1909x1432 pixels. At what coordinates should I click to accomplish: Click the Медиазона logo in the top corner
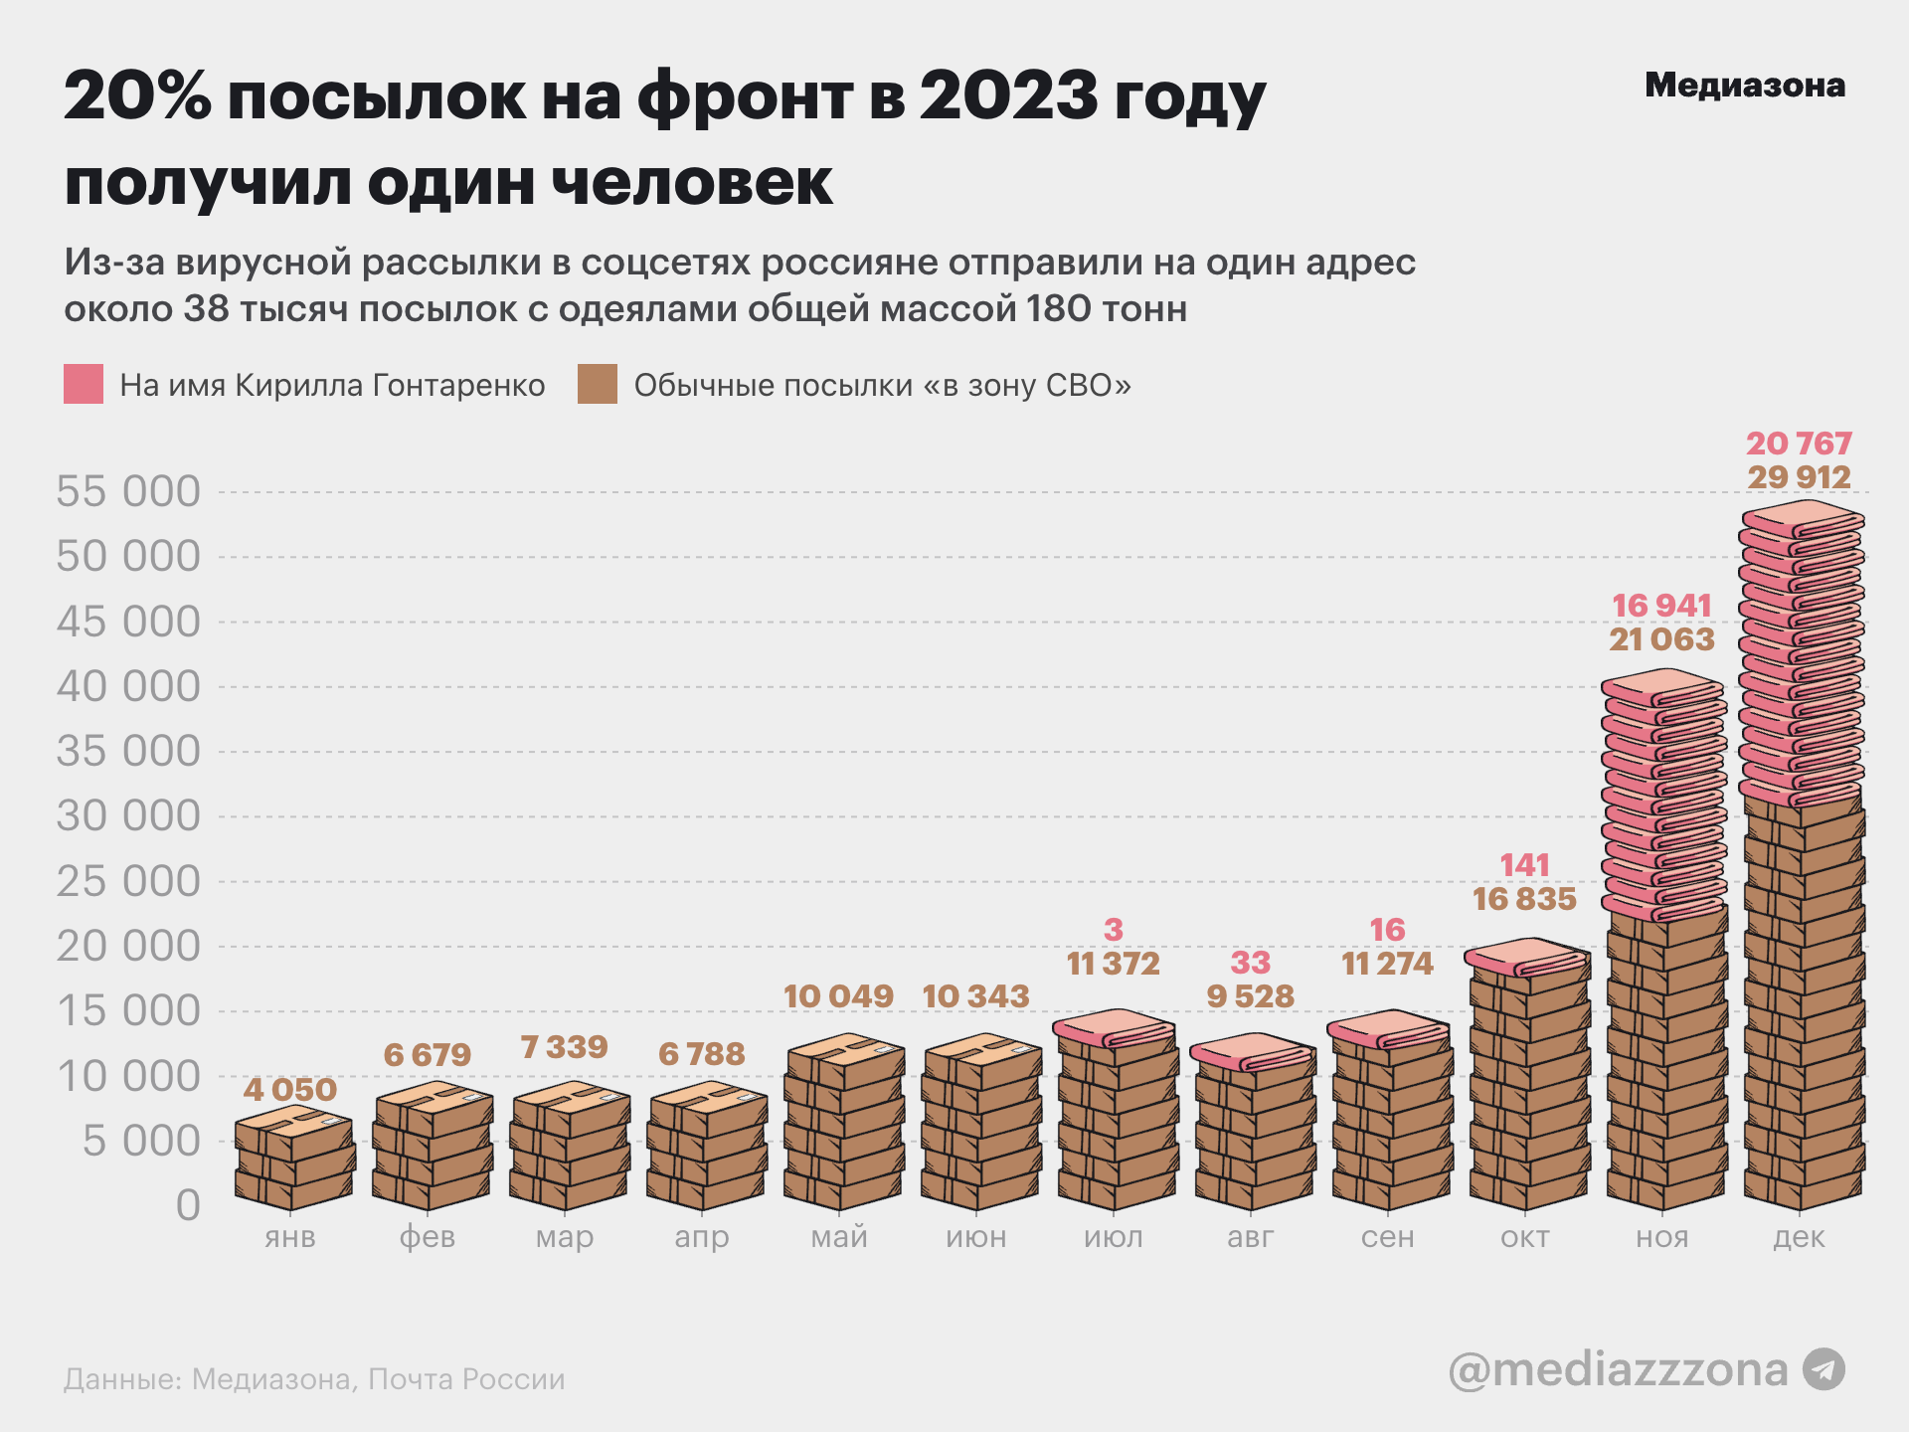[x=1744, y=86]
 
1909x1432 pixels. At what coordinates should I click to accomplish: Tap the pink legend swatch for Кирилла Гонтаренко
[x=84, y=384]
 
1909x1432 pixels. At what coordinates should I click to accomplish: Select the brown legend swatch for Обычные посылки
[x=598, y=384]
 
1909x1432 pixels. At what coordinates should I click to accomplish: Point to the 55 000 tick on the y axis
[x=128, y=491]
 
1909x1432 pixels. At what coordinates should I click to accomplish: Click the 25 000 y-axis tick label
[x=128, y=881]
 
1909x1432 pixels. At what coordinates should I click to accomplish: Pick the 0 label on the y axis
[x=188, y=1205]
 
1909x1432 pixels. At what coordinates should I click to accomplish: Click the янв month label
[x=290, y=1237]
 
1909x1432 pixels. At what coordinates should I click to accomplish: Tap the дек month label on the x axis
[x=1800, y=1237]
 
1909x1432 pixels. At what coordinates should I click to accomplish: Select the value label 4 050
[x=290, y=1089]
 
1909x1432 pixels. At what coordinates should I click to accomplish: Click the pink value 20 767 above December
[x=1800, y=444]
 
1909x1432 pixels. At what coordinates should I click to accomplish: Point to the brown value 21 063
[x=1662, y=638]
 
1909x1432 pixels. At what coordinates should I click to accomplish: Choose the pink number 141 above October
[x=1525, y=865]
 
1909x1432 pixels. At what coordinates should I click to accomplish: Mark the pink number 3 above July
[x=1114, y=930]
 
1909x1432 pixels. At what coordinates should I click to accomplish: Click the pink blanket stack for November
[x=1663, y=796]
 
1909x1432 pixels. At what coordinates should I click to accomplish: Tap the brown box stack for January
[x=294, y=1159]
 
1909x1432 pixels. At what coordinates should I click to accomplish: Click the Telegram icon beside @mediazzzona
[x=1823, y=1369]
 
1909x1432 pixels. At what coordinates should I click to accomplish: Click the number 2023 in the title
[x=1008, y=97]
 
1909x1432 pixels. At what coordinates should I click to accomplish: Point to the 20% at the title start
[x=137, y=97]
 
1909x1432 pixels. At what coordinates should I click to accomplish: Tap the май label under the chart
[x=839, y=1237]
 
